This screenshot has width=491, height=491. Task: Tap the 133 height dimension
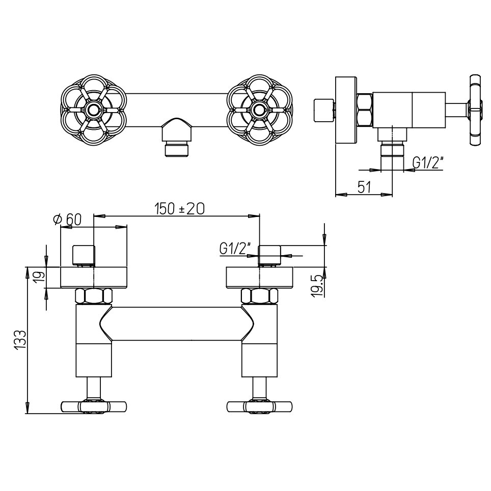(x=20, y=340)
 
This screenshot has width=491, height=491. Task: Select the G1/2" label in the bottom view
(x=236, y=249)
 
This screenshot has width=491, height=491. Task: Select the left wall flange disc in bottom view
(x=94, y=277)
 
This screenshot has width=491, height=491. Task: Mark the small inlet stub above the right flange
(x=270, y=255)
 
